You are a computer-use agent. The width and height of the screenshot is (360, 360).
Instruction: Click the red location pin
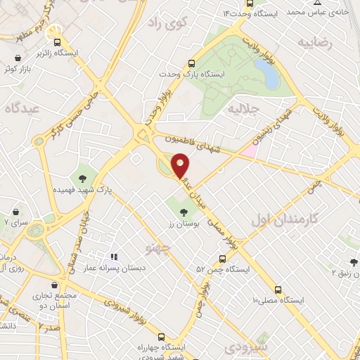click(x=181, y=165)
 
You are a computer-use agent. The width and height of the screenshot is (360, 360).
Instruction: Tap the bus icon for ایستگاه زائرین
click(x=59, y=41)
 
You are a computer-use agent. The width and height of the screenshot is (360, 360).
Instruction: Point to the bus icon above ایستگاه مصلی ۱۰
click(x=279, y=289)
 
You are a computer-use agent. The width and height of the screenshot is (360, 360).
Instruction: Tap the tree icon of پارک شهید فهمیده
click(x=83, y=178)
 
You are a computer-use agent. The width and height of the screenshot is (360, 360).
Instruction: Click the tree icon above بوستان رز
click(x=184, y=211)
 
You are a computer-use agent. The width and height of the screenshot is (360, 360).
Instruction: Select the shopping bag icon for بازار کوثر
click(x=16, y=58)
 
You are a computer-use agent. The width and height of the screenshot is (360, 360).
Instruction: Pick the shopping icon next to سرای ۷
click(x=15, y=210)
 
